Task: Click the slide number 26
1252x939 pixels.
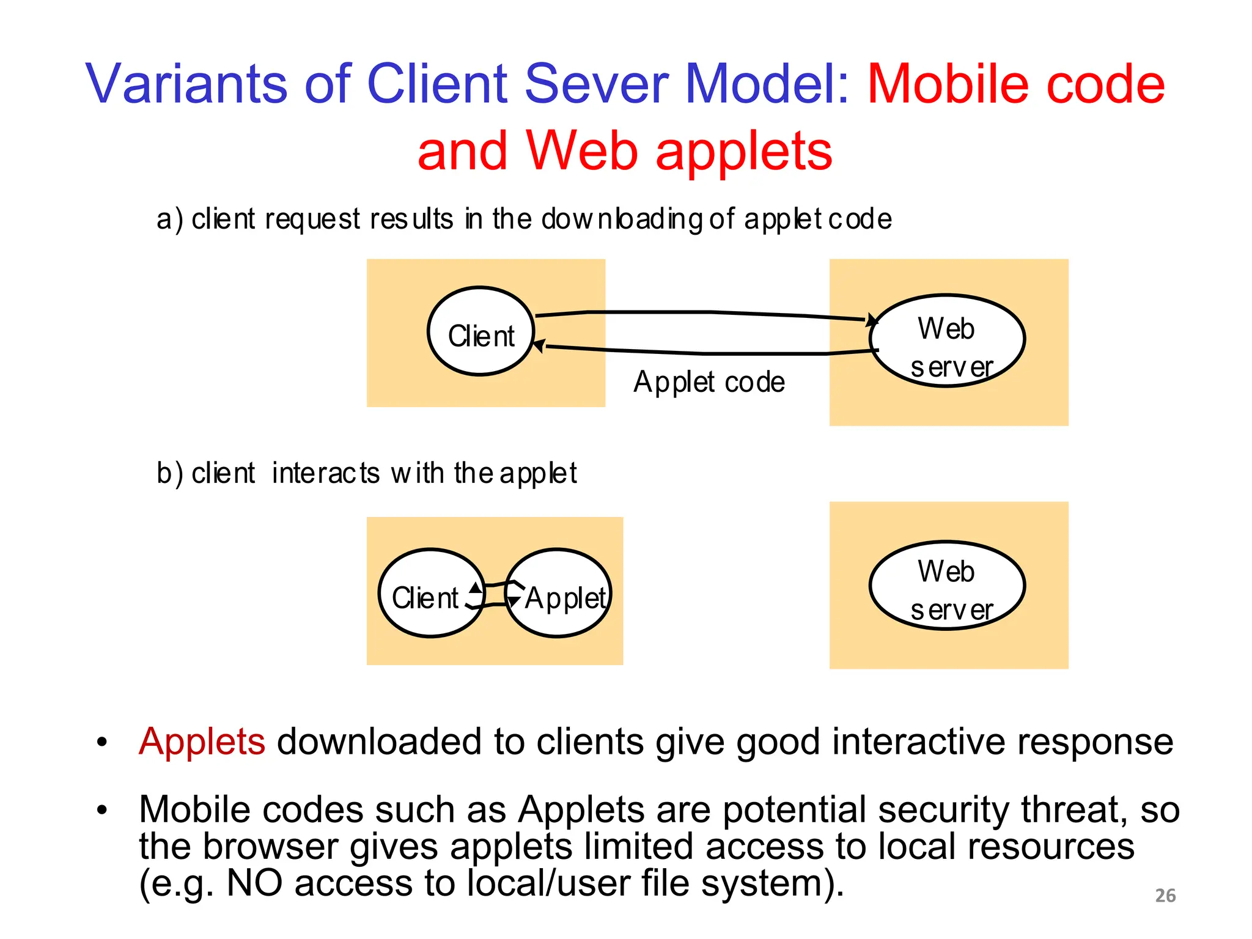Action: [x=1165, y=895]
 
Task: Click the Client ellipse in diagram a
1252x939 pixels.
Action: [x=481, y=331]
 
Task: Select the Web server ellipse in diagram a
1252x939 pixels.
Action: [x=947, y=341]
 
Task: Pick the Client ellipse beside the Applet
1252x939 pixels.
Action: [x=432, y=593]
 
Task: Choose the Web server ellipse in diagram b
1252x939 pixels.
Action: [x=947, y=586]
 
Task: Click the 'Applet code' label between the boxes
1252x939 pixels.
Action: [x=709, y=382]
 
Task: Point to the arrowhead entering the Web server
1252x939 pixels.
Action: [x=872, y=320]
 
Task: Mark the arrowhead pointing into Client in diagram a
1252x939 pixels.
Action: [x=539, y=346]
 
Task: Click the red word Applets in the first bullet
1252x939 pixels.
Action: [x=202, y=742]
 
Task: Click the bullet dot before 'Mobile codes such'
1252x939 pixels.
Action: [x=101, y=811]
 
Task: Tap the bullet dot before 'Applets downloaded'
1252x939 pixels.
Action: [x=101, y=743]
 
